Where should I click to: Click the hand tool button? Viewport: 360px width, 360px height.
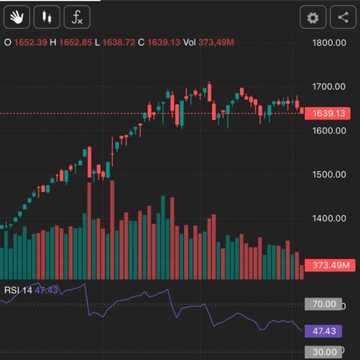(17, 17)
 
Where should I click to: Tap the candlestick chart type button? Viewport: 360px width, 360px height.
(47, 17)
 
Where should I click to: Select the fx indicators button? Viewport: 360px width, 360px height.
(77, 17)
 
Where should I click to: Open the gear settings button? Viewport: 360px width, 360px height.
(313, 17)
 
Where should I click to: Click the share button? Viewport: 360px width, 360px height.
(343, 17)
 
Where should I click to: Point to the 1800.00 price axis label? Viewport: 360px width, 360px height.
(329, 43)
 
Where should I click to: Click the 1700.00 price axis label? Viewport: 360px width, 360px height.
(329, 86)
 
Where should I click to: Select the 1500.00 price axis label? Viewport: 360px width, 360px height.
(329, 175)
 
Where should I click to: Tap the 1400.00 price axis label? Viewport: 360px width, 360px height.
(329, 218)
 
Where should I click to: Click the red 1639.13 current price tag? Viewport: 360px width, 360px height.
(327, 113)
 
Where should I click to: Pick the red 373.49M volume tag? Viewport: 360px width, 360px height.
(327, 266)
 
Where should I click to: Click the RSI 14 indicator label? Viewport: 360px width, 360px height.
(19, 290)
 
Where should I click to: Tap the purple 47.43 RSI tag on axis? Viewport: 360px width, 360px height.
(323, 331)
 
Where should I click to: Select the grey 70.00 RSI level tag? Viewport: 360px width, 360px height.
(323, 304)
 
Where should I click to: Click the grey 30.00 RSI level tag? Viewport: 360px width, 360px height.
(323, 352)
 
